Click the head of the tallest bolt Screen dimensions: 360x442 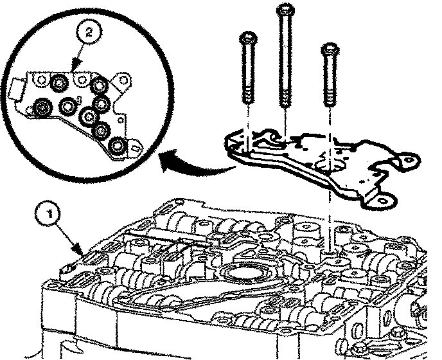tap(283, 10)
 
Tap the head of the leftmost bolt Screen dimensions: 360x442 tap(247, 37)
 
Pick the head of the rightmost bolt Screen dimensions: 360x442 tap(330, 49)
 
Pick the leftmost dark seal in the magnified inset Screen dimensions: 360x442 tap(44, 107)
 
